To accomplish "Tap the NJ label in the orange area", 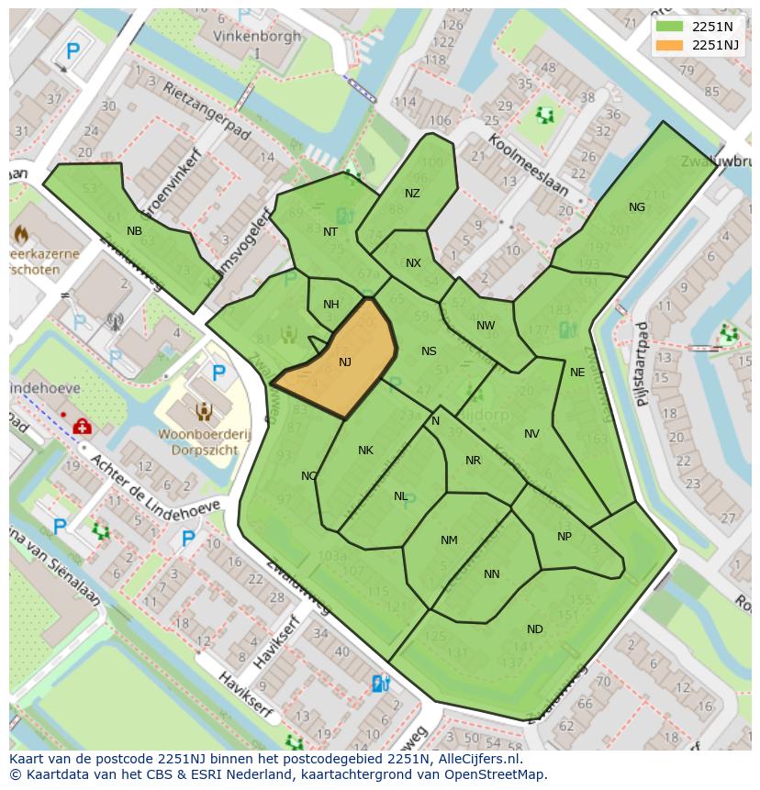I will point(345,362).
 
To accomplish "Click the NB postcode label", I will point(135,231).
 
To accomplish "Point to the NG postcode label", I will point(637,207).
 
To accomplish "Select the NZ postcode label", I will point(412,194).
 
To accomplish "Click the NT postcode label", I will point(330,232).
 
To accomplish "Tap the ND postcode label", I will point(535,629).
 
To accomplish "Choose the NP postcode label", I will point(564,537).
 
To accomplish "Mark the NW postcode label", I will point(486,326).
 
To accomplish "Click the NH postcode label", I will point(331,306).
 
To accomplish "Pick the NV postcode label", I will point(531,434).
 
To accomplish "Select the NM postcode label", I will point(449,540).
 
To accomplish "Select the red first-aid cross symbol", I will point(82,427).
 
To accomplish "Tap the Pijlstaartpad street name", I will point(642,364).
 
